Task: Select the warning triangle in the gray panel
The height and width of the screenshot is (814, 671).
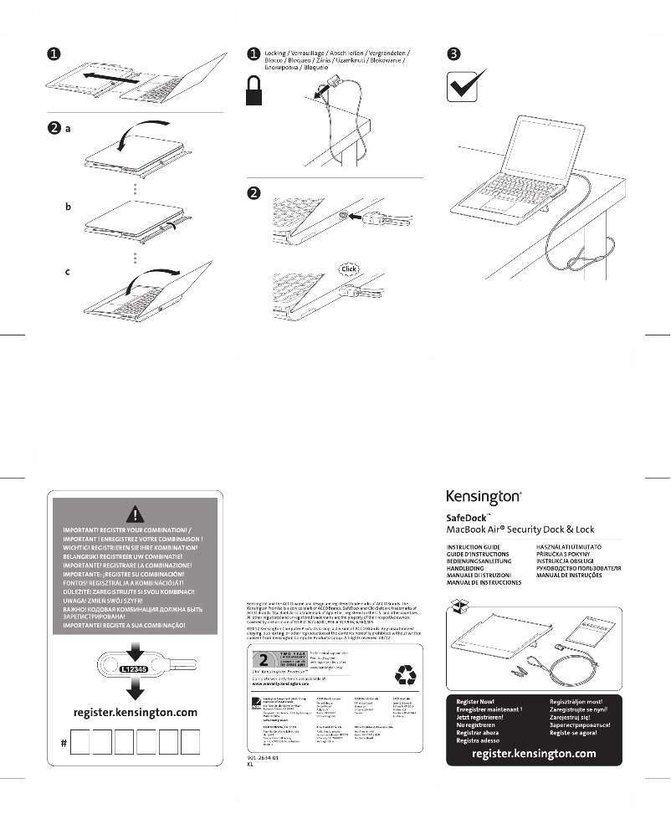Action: click(x=135, y=514)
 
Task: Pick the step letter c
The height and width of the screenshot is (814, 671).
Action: click(x=69, y=271)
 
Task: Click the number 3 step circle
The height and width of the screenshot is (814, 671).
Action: click(x=453, y=54)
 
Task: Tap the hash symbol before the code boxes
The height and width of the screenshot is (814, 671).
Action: click(x=64, y=744)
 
